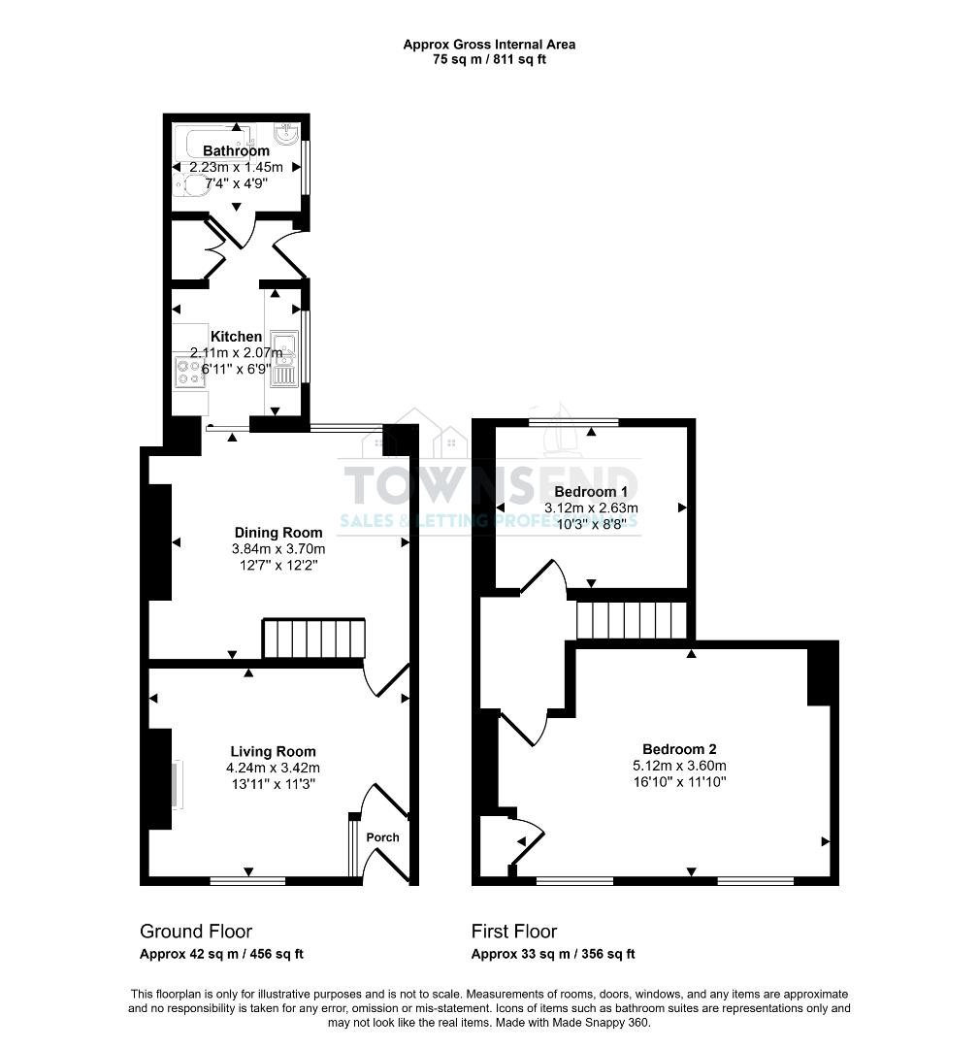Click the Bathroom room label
[x=236, y=151]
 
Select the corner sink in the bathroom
[x=287, y=134]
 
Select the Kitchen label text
[x=236, y=337]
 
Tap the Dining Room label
[x=278, y=533]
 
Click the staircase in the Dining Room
[x=313, y=639]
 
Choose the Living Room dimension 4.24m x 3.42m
[x=273, y=768]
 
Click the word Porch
[x=382, y=837]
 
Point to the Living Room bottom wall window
[x=247, y=880]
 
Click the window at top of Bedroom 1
[x=573, y=422]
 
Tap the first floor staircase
[x=632, y=620]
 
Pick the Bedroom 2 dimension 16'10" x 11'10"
[x=679, y=781]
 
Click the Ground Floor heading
[x=196, y=932]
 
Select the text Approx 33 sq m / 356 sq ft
[x=553, y=954]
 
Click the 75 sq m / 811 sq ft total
[x=489, y=59]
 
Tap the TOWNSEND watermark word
[x=489, y=483]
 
